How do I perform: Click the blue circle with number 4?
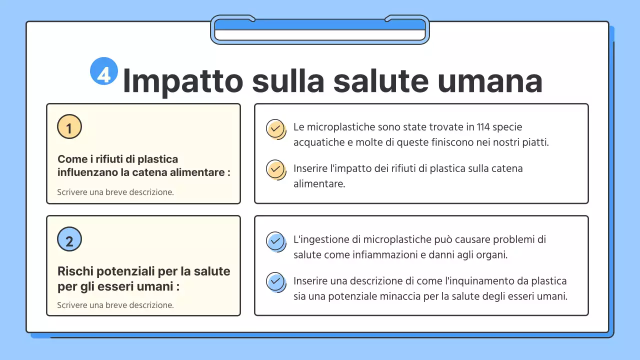pyautogui.click(x=103, y=71)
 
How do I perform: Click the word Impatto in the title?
pyautogui.click(x=183, y=80)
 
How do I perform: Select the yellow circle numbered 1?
pyautogui.click(x=69, y=127)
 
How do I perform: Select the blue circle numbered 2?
pyautogui.click(x=69, y=239)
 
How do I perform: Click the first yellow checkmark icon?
pyautogui.click(x=274, y=129)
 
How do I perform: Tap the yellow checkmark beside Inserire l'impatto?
pyautogui.click(x=274, y=169)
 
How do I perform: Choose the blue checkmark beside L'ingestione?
pyautogui.click(x=274, y=241)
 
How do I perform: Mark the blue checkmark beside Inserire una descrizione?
pyautogui.click(x=274, y=281)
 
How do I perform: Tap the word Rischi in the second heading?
pyautogui.click(x=74, y=271)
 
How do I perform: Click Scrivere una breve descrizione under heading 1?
pyautogui.click(x=115, y=192)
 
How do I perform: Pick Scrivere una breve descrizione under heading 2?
pyautogui.click(x=115, y=304)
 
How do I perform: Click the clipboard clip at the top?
pyautogui.click(x=320, y=29)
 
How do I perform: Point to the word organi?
pyautogui.click(x=491, y=254)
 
